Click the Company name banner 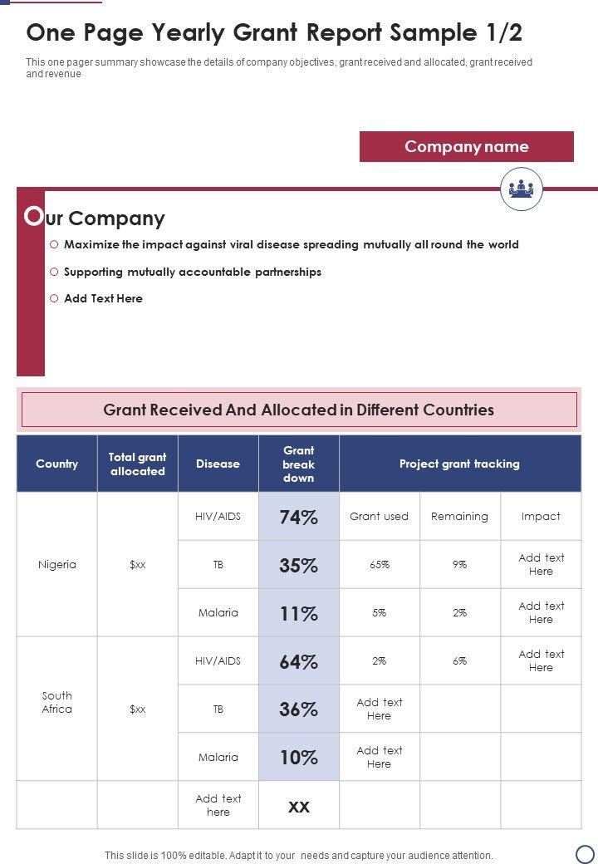tap(466, 147)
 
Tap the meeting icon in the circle tap(521, 189)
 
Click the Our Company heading tap(96, 218)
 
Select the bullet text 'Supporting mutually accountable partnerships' tap(192, 272)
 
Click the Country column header tap(56, 464)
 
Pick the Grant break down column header tap(298, 464)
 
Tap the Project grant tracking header tap(459, 464)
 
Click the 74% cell tap(298, 517)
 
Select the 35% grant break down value tap(298, 565)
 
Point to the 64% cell tap(298, 661)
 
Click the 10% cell tap(298, 757)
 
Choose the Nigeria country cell tap(56, 565)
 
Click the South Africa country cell tap(56, 703)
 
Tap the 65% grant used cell tap(379, 565)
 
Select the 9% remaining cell tap(459, 565)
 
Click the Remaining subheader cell tap(459, 517)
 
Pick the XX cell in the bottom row tap(298, 806)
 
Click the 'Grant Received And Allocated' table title tap(298, 410)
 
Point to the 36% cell tap(298, 709)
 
